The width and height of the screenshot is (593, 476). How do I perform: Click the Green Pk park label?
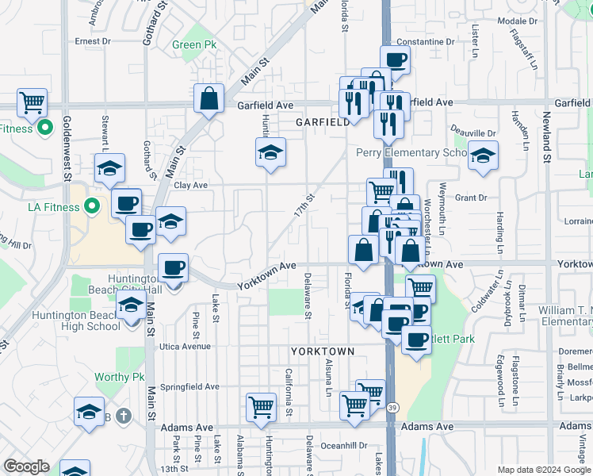pos(187,44)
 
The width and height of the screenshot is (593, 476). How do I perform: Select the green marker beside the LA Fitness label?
pos(93,207)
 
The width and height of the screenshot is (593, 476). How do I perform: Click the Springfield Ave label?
pos(189,386)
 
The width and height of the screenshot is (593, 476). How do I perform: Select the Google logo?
pos(26,466)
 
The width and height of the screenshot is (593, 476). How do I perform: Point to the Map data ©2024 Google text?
pos(543,470)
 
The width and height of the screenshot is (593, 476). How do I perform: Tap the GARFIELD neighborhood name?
pos(323,123)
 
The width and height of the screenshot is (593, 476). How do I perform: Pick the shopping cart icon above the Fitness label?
pos(33,102)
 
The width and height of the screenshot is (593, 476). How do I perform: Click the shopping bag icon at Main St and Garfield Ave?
pos(209,99)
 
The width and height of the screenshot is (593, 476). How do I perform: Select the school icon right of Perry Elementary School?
pos(481,155)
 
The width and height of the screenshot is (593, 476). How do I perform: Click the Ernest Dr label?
pos(93,41)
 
